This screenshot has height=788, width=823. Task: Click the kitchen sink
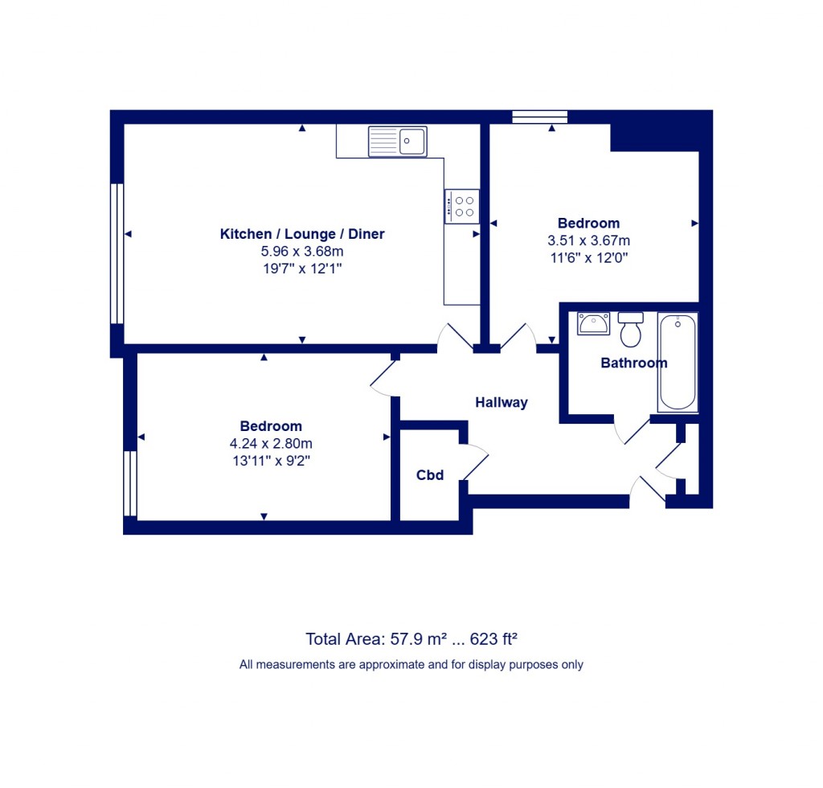397,142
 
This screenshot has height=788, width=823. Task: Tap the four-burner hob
462,206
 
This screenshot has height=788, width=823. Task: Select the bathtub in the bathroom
678,362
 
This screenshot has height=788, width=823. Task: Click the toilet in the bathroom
631,329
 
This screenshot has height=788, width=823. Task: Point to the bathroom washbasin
594,324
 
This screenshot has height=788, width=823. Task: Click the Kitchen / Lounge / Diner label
302,234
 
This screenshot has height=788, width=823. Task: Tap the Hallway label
501,402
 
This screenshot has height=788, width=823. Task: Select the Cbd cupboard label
430,475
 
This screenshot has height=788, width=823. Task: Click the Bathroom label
634,363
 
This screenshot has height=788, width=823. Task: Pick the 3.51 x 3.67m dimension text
588,240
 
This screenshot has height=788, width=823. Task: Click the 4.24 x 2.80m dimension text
271,443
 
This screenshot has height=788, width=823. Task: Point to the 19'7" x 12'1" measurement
302,269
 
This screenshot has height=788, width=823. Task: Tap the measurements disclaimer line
411,665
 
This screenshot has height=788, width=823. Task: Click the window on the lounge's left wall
117,253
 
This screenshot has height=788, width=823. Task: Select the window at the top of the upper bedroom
539,117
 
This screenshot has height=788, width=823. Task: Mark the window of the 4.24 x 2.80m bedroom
129,483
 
